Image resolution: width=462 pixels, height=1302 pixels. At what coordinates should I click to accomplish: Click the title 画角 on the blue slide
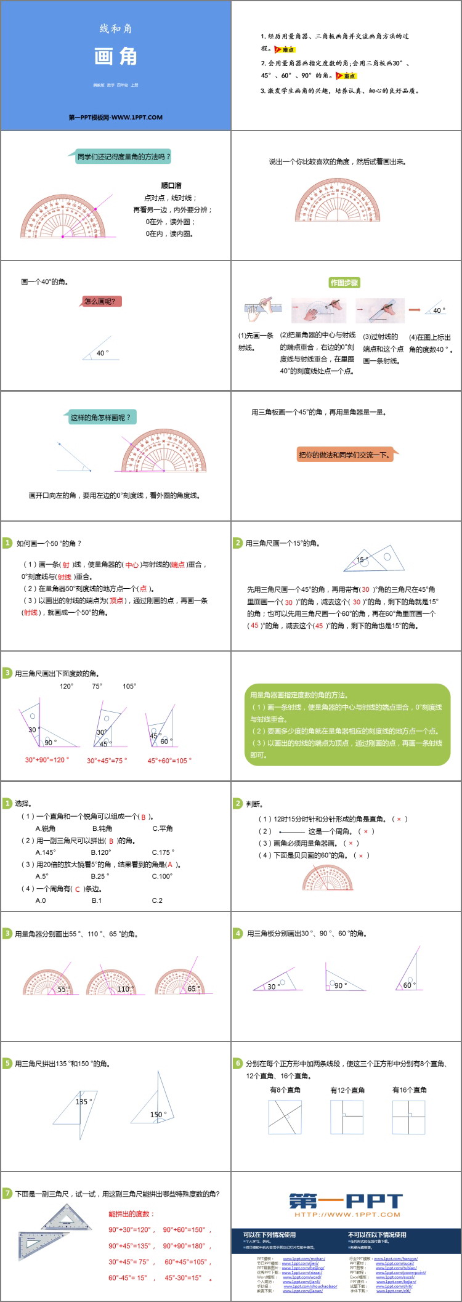pyautogui.click(x=116, y=57)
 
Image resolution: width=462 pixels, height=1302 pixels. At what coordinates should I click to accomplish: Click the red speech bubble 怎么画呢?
pyautogui.click(x=103, y=301)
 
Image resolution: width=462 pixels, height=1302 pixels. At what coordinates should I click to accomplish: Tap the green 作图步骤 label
pyautogui.click(x=344, y=283)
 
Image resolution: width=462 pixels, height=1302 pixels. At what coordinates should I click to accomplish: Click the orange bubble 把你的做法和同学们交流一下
pyautogui.click(x=344, y=455)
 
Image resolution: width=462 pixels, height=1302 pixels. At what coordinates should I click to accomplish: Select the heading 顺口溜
pyautogui.click(x=171, y=185)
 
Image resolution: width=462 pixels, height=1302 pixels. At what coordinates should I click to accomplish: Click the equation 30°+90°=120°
pyautogui.click(x=47, y=759)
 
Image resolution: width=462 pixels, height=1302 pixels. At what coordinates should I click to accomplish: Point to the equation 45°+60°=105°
pyautogui.click(x=169, y=760)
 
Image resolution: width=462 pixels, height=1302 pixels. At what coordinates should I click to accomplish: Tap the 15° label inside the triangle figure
pyautogui.click(x=362, y=560)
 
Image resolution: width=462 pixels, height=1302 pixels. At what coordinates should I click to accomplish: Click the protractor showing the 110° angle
pyautogui.click(x=112, y=982)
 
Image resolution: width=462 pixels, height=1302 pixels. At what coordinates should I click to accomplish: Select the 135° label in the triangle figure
pyautogui.click(x=84, y=1102)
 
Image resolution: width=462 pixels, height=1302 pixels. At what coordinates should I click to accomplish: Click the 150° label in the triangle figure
pyautogui.click(x=158, y=1114)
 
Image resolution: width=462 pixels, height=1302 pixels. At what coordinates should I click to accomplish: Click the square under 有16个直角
pyautogui.click(x=409, y=1117)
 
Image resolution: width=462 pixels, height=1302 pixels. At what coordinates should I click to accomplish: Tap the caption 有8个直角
pyautogui.click(x=285, y=1090)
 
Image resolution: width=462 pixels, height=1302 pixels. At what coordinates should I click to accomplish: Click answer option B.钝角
pyautogui.click(x=103, y=828)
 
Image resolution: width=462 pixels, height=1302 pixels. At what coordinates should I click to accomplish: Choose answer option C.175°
pyautogui.click(x=163, y=852)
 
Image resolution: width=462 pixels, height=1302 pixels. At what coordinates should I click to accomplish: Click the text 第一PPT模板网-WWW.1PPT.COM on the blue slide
pyautogui.click(x=116, y=117)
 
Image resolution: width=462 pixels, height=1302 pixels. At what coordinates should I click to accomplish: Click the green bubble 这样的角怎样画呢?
pyautogui.click(x=101, y=418)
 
